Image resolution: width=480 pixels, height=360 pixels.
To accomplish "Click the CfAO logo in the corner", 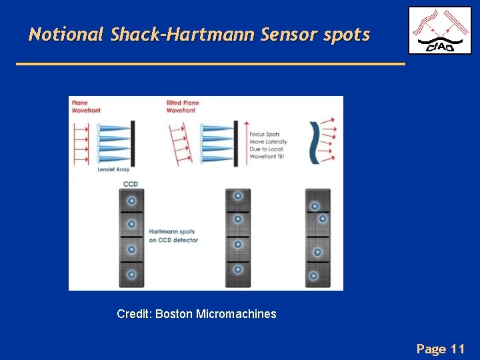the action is coord(439,31).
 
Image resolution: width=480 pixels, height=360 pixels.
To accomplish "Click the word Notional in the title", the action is coord(65,34).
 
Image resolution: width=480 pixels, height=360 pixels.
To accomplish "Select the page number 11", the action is coord(457,349).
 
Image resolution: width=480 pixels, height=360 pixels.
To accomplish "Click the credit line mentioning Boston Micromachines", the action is coord(196,313).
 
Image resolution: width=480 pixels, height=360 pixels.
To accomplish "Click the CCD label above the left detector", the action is coord(131,183).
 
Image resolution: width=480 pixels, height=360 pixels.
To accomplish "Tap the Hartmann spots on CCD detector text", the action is coord(173,236).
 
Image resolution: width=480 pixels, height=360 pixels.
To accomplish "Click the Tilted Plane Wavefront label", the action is coord(183,107).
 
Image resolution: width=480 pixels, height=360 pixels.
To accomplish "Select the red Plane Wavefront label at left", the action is coord(86,107).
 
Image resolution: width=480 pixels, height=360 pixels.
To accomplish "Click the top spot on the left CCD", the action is coord(131,200).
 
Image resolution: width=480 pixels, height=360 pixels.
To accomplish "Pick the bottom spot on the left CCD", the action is coord(131,274).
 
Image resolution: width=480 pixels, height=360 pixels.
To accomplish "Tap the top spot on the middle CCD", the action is coord(237,196).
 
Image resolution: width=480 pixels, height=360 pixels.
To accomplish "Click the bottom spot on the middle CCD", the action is coord(237,269).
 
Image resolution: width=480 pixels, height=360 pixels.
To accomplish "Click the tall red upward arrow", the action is coord(246,143).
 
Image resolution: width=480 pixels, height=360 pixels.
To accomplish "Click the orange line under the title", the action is coord(210,64).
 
